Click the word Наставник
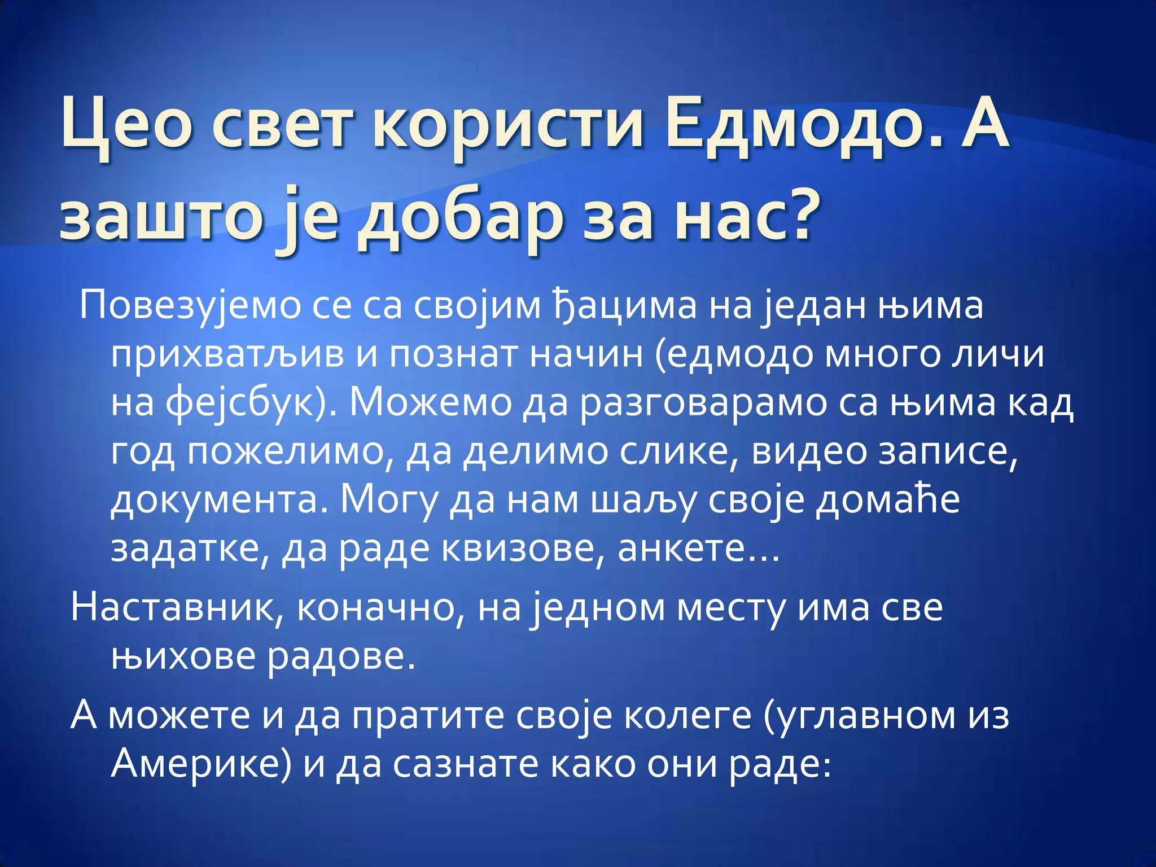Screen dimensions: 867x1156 pyautogui.click(x=172, y=608)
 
